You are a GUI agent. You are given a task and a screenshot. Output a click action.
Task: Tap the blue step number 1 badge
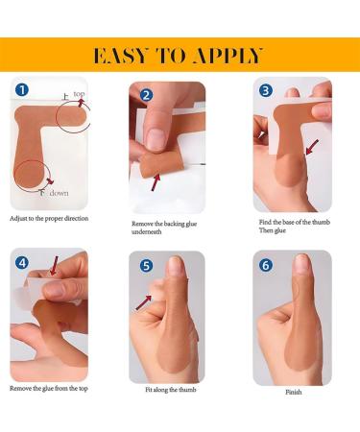point(20,92)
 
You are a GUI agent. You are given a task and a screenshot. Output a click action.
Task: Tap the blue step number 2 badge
point(147,95)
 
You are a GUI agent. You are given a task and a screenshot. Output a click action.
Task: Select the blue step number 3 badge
point(266,91)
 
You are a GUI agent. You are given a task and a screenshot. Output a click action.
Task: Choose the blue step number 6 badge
point(266,265)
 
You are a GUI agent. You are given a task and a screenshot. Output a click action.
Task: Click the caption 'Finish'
point(293,392)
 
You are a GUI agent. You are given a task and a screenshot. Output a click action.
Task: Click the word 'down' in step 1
point(59,192)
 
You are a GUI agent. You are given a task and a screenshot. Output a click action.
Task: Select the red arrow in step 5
point(144,303)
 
